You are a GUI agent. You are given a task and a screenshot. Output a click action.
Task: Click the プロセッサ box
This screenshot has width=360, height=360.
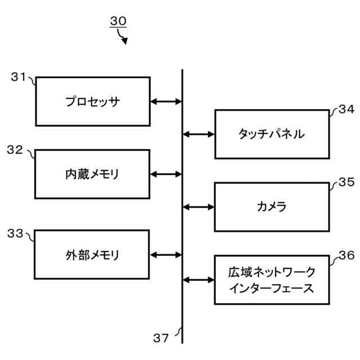93,102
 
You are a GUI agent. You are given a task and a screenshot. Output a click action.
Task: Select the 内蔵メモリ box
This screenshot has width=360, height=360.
92,174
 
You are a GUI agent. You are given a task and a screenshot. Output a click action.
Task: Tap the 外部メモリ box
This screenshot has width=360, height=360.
92,254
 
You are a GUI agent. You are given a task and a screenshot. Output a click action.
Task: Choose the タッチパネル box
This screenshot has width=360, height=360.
272,134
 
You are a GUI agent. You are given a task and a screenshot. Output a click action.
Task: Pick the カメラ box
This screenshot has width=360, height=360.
272,207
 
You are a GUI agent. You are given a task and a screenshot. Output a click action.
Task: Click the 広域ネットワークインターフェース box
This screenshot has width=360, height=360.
272,280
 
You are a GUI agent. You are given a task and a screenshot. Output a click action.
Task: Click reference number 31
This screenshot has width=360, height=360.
19,78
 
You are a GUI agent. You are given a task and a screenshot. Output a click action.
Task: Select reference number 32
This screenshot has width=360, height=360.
15,150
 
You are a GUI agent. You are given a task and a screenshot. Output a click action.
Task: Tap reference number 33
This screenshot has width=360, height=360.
15,232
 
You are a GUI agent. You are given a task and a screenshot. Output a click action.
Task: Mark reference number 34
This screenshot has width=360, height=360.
346,110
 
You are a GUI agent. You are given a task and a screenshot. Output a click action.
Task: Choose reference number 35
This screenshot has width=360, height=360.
346,182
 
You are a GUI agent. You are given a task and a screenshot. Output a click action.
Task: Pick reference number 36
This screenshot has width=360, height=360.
346,255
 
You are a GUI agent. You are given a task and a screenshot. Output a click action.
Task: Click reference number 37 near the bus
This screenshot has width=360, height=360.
161,337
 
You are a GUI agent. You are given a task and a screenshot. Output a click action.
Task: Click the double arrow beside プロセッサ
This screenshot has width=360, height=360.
166,102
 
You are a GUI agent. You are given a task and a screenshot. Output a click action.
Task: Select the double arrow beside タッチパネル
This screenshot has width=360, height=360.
199,134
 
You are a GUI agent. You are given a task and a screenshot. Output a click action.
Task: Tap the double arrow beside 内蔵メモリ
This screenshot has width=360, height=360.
166,174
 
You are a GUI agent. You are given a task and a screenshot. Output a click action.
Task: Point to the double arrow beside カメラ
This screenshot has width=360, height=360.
199,207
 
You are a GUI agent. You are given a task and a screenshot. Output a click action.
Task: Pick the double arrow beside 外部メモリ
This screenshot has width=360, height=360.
166,254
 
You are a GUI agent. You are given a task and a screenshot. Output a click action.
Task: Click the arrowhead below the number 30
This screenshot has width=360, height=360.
124,40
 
